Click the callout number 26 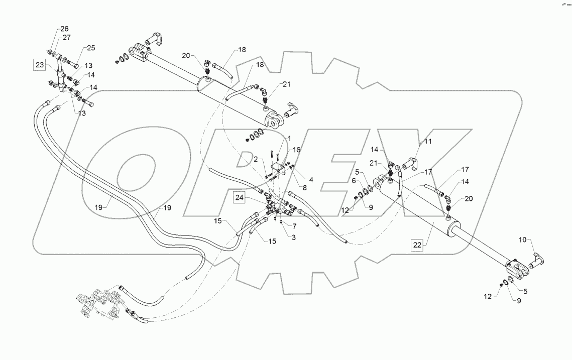(65, 29)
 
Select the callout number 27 (67, 37)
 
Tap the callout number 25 (90, 48)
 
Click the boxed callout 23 (39, 64)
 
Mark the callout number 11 (427, 143)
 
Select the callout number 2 (255, 159)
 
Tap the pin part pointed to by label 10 (537, 260)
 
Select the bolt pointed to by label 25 (70, 64)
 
